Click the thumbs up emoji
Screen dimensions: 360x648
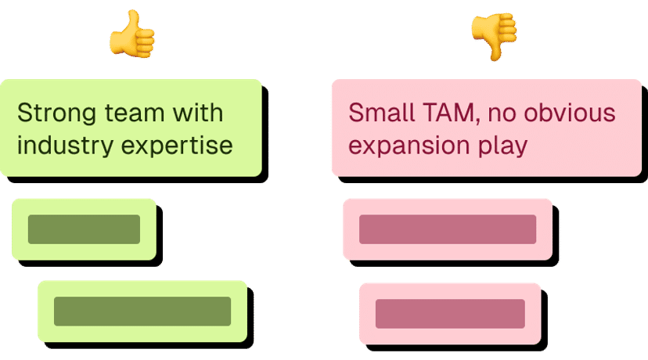tap(131, 35)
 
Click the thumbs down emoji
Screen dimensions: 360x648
tap(494, 35)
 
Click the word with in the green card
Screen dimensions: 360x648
tap(197, 113)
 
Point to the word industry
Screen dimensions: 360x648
tap(59, 146)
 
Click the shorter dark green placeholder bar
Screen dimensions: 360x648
tap(84, 229)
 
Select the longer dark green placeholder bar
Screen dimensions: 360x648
tap(142, 311)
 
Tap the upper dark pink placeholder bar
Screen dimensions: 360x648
tap(448, 229)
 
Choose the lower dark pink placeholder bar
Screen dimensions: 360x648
tap(450, 313)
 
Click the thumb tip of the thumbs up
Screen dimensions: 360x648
tap(135, 15)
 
